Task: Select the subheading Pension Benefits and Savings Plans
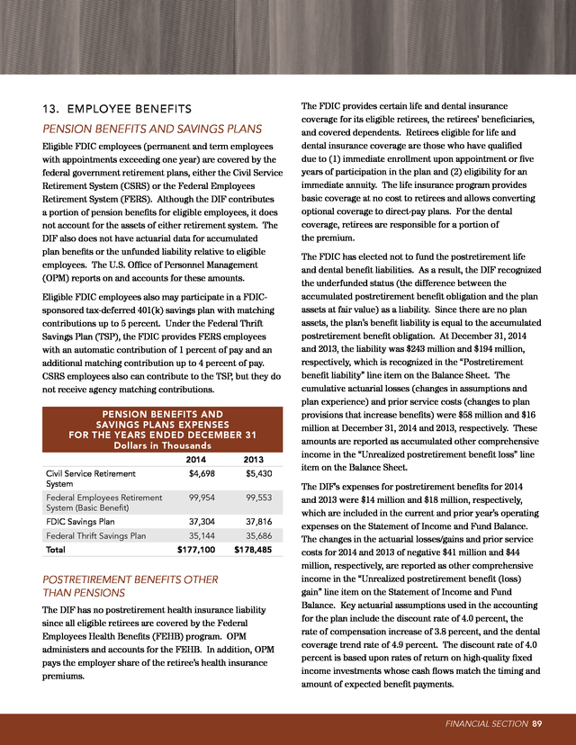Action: coord(153,128)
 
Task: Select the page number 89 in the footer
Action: coord(536,722)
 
